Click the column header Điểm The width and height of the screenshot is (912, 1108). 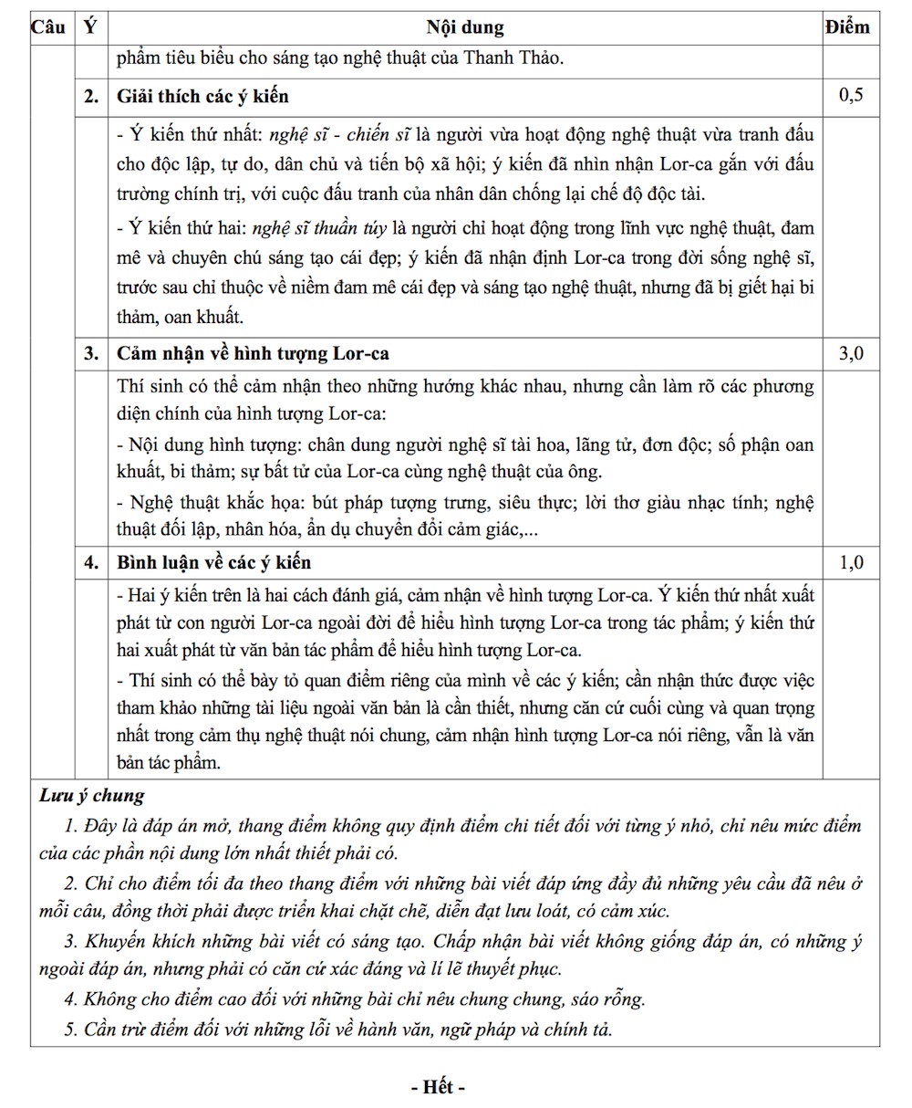pyautogui.click(x=847, y=27)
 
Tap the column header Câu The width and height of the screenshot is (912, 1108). pyautogui.click(x=48, y=27)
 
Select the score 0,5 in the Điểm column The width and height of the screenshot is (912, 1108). pyautogui.click(x=850, y=96)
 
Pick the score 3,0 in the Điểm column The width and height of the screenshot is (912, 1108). pyautogui.click(x=850, y=354)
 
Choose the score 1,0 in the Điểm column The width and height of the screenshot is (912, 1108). pyautogui.click(x=850, y=562)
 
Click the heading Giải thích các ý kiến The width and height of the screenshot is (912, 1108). pyautogui.click(x=203, y=97)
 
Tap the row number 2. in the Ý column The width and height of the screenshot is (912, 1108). pyautogui.click(x=91, y=97)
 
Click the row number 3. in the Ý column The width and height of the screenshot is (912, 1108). pyautogui.click(x=91, y=354)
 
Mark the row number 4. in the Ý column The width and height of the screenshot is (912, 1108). pyautogui.click(x=91, y=562)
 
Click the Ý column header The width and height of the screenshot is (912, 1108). pyautogui.click(x=89, y=27)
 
